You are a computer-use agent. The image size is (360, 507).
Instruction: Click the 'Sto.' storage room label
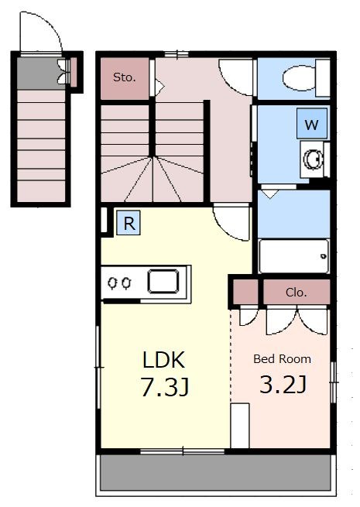(x=124, y=77)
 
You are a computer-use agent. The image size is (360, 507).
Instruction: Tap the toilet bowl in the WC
(x=299, y=78)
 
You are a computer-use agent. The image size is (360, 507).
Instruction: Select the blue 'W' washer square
(x=312, y=124)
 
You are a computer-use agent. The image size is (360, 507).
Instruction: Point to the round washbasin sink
(x=313, y=159)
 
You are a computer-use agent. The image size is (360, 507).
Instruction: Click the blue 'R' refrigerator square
(x=129, y=223)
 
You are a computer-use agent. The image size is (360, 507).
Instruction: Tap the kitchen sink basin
(x=163, y=281)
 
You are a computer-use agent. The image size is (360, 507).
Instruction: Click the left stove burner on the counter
(x=113, y=283)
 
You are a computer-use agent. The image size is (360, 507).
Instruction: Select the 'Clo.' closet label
(x=296, y=293)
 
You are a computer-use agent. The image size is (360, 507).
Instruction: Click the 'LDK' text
(x=163, y=360)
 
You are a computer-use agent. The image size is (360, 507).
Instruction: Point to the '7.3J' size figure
(x=165, y=387)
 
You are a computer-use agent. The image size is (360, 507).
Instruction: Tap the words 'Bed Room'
(x=282, y=359)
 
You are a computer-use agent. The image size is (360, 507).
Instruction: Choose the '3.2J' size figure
(x=283, y=385)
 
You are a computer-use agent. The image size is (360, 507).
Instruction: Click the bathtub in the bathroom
(x=293, y=256)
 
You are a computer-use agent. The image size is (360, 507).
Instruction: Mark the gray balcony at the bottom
(x=216, y=472)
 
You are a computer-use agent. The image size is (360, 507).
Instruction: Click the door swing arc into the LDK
(x=226, y=232)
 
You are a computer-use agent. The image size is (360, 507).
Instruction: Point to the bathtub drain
(x=323, y=256)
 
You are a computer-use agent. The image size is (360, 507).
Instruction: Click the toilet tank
(x=323, y=78)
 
